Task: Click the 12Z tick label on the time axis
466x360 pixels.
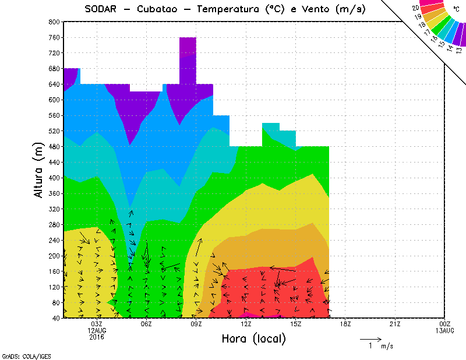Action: pyautogui.click(x=246, y=324)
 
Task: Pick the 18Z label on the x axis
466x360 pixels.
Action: pyautogui.click(x=345, y=324)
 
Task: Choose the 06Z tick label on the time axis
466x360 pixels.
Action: pyautogui.click(x=146, y=324)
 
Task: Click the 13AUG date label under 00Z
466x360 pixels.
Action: pyautogui.click(x=444, y=330)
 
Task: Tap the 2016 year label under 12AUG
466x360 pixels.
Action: pyautogui.click(x=97, y=336)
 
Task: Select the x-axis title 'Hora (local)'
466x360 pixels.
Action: pyautogui.click(x=253, y=338)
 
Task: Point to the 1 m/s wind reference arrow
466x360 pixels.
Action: pyautogui.click(x=370, y=338)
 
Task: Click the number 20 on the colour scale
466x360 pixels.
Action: pyautogui.click(x=415, y=8)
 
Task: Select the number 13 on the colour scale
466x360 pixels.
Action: pyautogui.click(x=460, y=50)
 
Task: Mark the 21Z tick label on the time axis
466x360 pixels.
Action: pyautogui.click(x=395, y=324)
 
